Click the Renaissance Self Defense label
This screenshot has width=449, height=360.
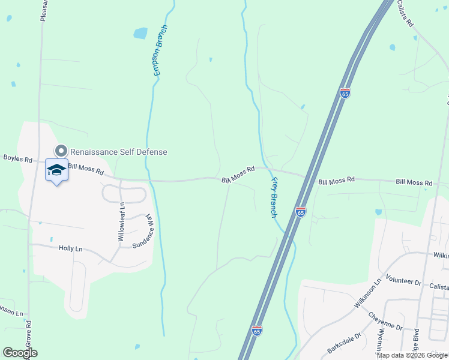pyautogui.click(x=118, y=152)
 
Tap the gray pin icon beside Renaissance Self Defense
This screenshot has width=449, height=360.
pyautogui.click(x=61, y=151)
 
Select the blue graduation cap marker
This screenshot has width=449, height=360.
pyautogui.click(x=57, y=171)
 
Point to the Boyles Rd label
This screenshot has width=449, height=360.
pyautogui.click(x=17, y=158)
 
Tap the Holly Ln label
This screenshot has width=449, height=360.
pyautogui.click(x=70, y=248)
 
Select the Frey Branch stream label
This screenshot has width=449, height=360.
pyautogui.click(x=274, y=197)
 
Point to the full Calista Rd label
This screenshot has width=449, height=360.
pyautogui.click(x=406, y=13)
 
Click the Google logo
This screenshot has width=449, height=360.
pyautogui.click(x=20, y=353)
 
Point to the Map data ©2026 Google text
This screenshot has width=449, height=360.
pyautogui.click(x=412, y=355)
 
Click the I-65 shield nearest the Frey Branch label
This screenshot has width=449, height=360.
pyautogui.click(x=301, y=212)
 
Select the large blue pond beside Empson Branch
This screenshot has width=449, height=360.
pyautogui.click(x=140, y=33)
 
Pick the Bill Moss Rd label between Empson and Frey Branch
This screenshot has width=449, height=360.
pyautogui.click(x=238, y=175)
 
